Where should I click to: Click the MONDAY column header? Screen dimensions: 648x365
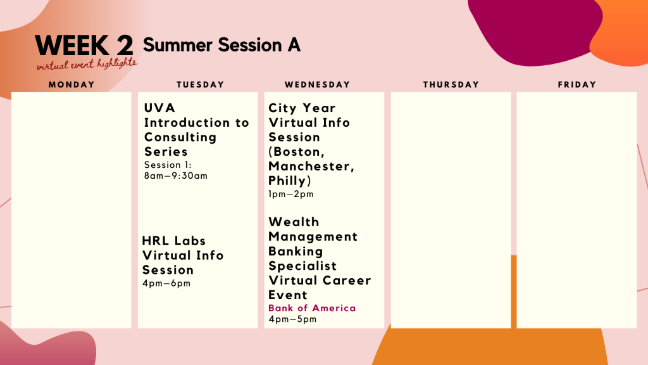coord(72,84)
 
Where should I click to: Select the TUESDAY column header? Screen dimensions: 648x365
coord(201,84)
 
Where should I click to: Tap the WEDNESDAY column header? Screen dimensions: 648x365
coord(318,84)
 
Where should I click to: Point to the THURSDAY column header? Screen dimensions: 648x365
coord(451,84)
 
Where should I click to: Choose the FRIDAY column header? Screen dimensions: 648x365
coord(577,84)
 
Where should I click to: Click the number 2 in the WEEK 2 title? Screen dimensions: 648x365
coord(125,45)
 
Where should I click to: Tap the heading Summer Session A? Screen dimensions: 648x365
coord(221,45)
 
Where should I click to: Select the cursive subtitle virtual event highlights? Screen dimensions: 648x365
coord(87,64)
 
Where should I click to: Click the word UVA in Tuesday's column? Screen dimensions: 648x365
coord(159,108)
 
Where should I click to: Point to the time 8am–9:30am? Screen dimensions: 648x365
coord(176,176)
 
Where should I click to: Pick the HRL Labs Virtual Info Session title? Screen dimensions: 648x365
coord(183,255)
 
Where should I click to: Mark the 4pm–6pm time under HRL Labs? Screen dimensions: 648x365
coord(166,283)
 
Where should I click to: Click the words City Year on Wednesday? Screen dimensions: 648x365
coord(302,108)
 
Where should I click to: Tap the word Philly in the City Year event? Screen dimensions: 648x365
coord(289,181)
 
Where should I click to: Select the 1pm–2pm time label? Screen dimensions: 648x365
coord(291,194)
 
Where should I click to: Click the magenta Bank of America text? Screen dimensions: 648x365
coord(312,308)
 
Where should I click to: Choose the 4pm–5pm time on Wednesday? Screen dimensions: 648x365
coord(292,319)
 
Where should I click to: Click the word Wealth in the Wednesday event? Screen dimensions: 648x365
coord(294,222)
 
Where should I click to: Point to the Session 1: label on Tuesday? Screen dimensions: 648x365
coord(167,165)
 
